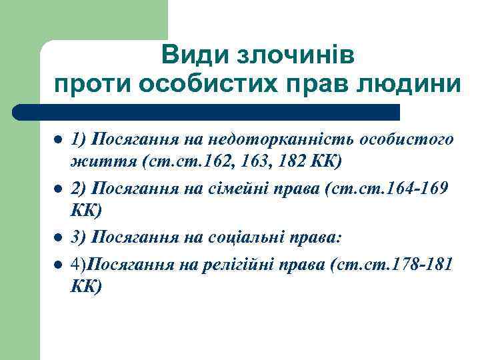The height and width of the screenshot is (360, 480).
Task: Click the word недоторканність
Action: pyautogui.click(x=282, y=139)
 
